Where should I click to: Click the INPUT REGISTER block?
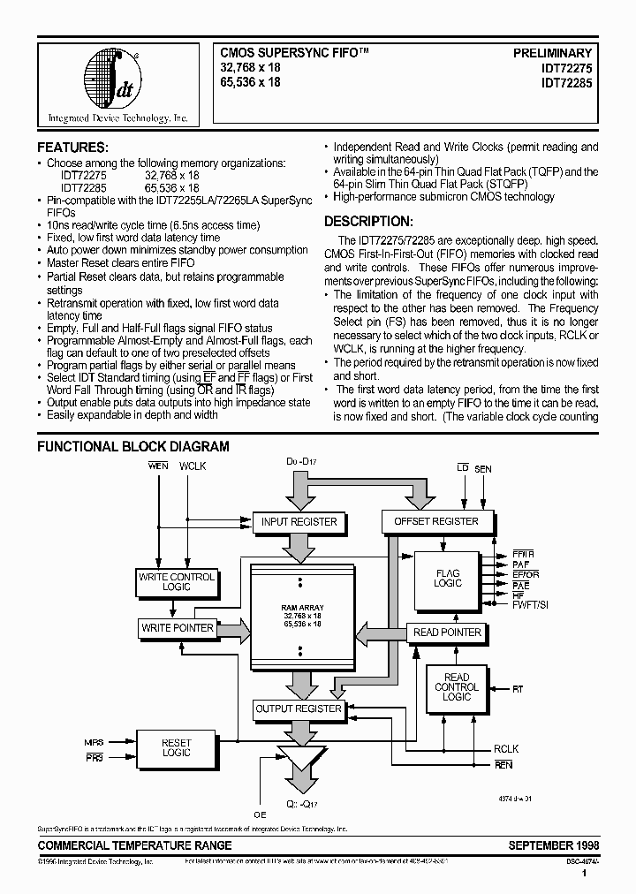tap(299, 521)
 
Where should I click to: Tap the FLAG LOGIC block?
tap(448, 579)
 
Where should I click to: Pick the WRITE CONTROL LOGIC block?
tap(177, 582)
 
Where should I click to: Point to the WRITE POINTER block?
tap(177, 628)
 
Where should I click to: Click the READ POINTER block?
tap(447, 633)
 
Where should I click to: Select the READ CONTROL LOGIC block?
tap(457, 687)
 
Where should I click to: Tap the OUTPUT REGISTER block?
tap(298, 708)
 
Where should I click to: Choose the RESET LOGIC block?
tap(177, 747)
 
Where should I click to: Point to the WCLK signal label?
tap(193, 466)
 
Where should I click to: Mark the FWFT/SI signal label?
tap(529, 604)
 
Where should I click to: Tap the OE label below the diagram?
tap(259, 814)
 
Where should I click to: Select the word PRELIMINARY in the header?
tap(553, 53)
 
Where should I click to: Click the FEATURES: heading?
tap(72, 148)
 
